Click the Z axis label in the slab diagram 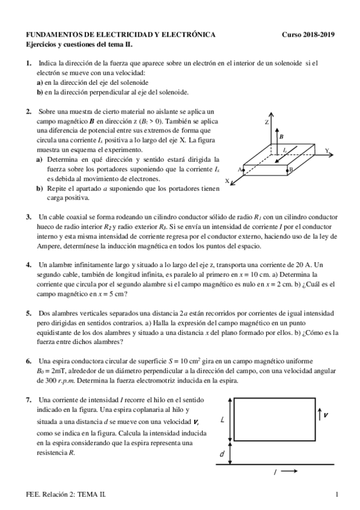[x=266, y=121]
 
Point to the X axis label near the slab [x=227, y=180]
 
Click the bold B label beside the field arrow [x=281, y=137]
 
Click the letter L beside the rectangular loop [x=223, y=420]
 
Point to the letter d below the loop [x=222, y=453]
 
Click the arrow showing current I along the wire [x=289, y=472]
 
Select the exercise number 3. [x=28, y=217]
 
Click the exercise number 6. [x=28, y=361]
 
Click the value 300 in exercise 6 [x=47, y=381]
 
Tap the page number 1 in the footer [x=337, y=494]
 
